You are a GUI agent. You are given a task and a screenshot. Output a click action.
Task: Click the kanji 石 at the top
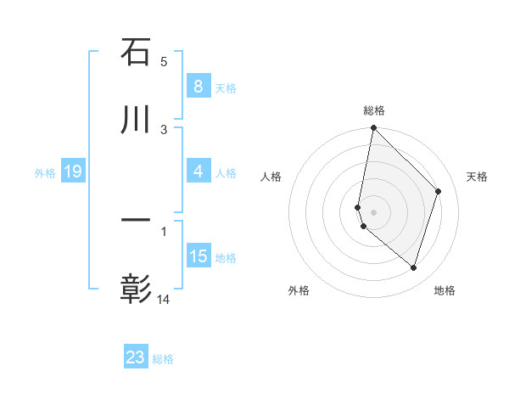click(136, 53)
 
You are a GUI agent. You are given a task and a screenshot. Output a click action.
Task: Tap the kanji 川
click(136, 121)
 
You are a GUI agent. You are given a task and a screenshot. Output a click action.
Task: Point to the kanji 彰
click(136, 289)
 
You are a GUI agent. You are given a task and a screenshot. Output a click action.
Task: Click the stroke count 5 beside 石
click(164, 61)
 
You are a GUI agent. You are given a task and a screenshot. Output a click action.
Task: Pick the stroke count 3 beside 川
click(164, 129)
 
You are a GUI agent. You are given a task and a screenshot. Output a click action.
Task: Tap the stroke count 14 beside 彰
click(165, 299)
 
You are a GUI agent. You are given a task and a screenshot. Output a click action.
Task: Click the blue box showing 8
click(198, 87)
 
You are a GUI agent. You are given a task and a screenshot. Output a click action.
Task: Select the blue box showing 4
click(198, 171)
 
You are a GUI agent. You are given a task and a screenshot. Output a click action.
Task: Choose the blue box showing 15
click(199, 256)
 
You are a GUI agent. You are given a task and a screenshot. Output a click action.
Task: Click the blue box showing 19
click(72, 172)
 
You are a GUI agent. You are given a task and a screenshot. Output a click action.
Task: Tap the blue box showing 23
click(136, 357)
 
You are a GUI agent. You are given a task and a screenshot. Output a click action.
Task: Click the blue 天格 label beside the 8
click(225, 88)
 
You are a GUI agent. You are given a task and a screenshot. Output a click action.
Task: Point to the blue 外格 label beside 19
click(45, 173)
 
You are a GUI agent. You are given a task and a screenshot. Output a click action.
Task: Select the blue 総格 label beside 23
click(163, 359)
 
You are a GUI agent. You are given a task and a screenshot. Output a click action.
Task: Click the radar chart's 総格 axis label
click(373, 110)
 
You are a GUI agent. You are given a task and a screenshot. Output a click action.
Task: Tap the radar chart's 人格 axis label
click(271, 177)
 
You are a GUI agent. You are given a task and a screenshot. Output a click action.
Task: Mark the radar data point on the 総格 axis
click(373, 127)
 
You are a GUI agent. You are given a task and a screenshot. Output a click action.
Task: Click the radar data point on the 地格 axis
click(413, 267)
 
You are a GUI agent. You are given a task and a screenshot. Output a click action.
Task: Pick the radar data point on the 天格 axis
click(439, 191)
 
